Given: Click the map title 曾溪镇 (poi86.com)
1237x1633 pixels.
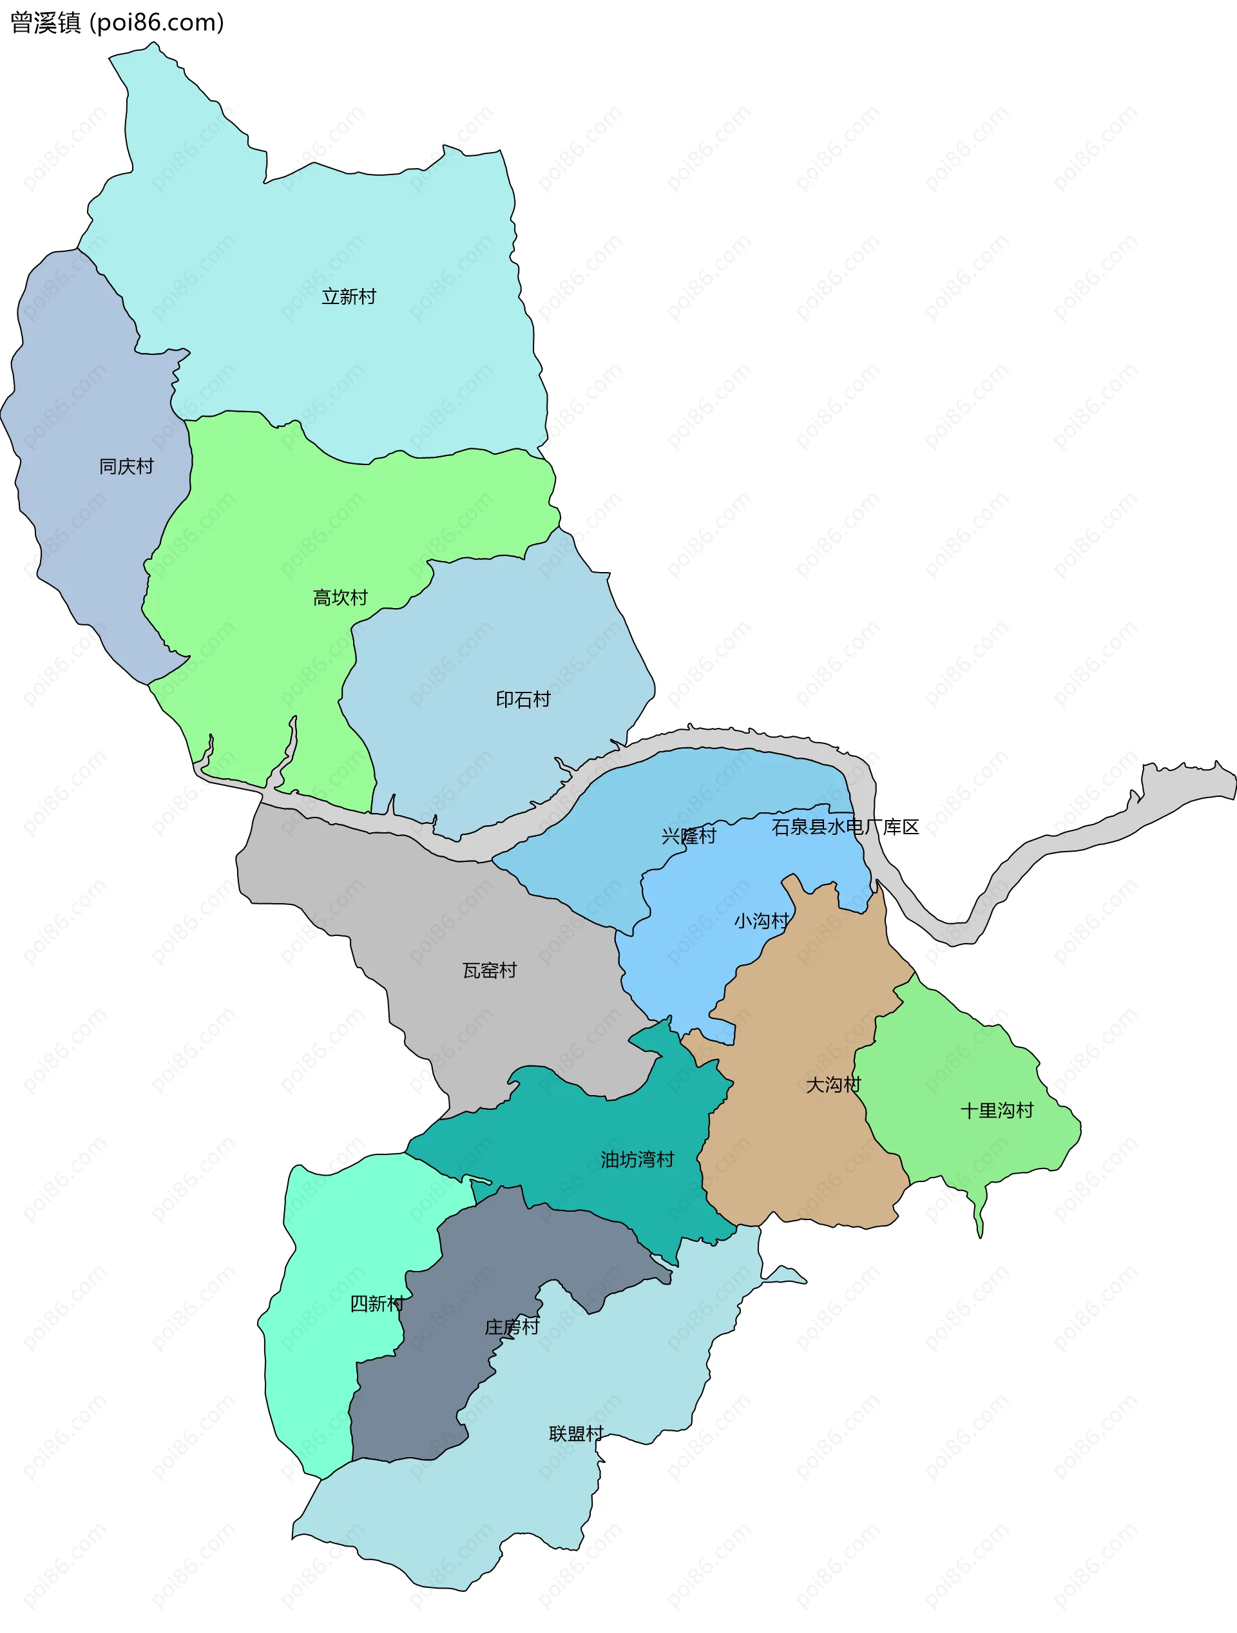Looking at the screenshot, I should point(117,23).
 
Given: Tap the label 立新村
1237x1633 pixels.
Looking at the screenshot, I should point(349,297).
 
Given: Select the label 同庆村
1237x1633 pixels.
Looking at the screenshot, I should point(126,466).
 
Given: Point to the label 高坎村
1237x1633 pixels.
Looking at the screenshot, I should point(340,597).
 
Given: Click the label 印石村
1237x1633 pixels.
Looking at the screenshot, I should point(523,699).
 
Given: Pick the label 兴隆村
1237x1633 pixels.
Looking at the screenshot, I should point(688,836).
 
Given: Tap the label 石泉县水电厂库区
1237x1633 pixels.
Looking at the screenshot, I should point(845,827).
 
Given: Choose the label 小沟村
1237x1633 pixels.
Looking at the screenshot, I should point(761,921).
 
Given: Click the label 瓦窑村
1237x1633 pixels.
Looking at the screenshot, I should point(489,970).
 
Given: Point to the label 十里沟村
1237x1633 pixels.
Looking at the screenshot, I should point(996,1111).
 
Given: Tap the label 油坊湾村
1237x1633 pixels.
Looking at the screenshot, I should point(637,1159).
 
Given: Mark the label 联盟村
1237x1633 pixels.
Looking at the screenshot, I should point(576,1434).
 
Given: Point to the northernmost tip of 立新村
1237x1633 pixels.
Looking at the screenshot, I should point(153,46).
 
